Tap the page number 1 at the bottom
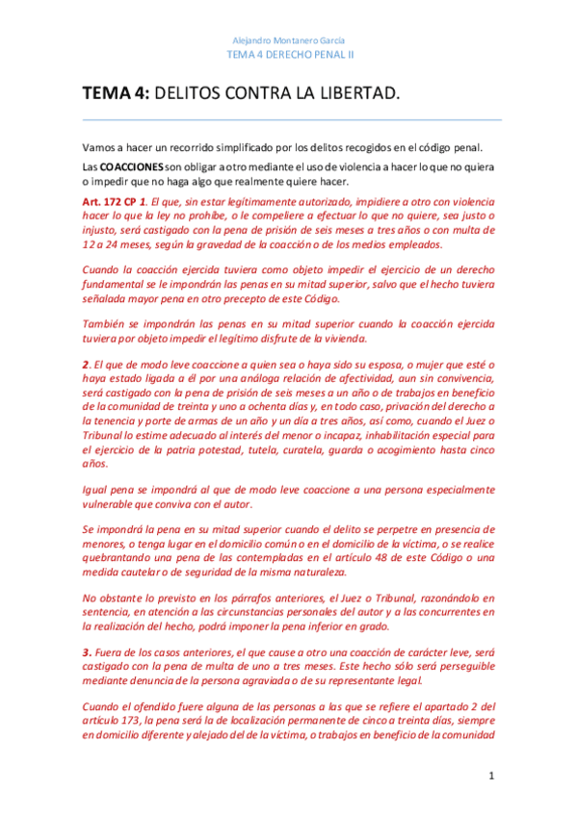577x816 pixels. pyautogui.click(x=491, y=775)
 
